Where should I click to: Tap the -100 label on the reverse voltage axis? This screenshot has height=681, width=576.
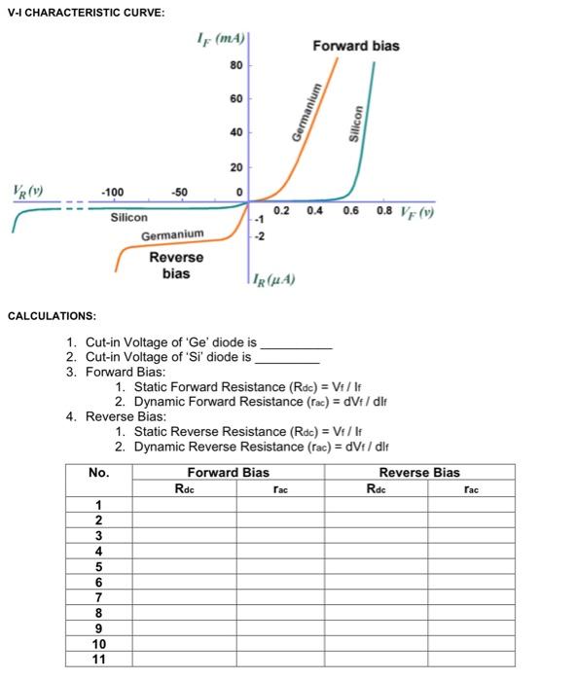(115, 191)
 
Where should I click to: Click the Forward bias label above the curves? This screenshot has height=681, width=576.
(355, 46)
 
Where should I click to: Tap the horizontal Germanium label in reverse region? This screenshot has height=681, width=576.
(172, 235)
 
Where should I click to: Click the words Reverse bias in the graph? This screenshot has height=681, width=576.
(176, 265)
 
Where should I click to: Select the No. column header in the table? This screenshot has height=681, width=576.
(98, 473)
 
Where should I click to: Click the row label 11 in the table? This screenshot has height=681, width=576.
(98, 659)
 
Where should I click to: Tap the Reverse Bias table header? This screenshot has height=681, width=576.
(419, 473)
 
